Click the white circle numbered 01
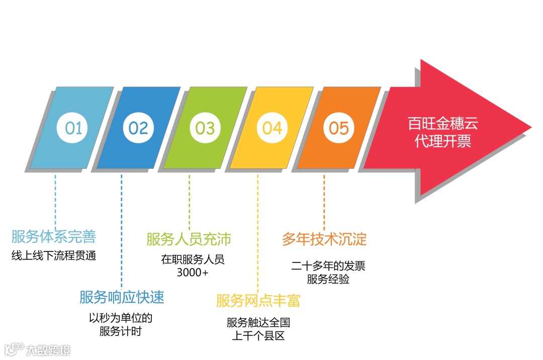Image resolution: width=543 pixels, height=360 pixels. (x=73, y=128)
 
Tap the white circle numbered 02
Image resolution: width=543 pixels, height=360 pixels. (x=138, y=128)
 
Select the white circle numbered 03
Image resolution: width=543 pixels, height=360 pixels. (x=205, y=128)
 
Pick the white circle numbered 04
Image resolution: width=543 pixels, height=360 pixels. (x=272, y=128)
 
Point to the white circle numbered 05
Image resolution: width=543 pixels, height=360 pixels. (x=338, y=128)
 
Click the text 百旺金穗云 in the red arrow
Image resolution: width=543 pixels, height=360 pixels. (x=442, y=123)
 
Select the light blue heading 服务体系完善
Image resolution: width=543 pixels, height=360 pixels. (x=54, y=237)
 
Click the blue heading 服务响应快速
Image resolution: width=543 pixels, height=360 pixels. (x=122, y=297)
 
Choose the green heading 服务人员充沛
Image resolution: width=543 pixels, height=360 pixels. (x=189, y=239)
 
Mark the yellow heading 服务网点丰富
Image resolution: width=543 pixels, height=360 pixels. (x=258, y=301)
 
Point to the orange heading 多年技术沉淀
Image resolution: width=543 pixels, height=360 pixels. (x=324, y=239)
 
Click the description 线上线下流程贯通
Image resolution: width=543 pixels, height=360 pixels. (x=54, y=256)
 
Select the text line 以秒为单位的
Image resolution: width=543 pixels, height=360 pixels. (x=121, y=318)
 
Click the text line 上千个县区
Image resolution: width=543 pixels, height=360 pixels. (x=258, y=335)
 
